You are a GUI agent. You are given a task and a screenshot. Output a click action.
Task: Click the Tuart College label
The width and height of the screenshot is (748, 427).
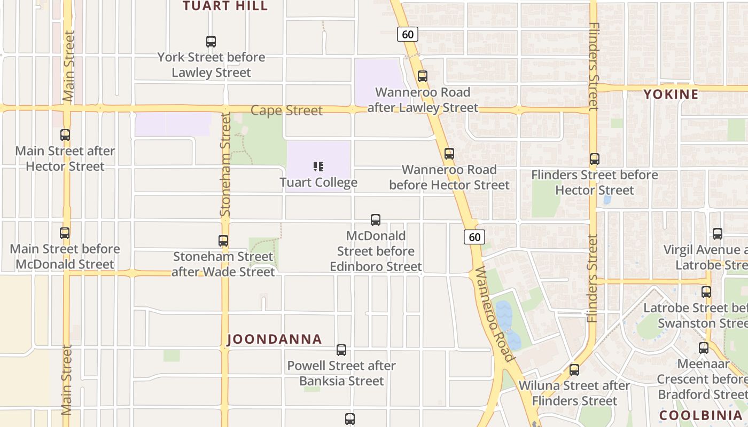click(318, 183)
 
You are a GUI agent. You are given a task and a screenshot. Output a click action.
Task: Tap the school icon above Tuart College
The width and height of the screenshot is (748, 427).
click(318, 167)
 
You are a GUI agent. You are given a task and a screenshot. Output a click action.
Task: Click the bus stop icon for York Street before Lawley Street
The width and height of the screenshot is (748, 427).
click(211, 42)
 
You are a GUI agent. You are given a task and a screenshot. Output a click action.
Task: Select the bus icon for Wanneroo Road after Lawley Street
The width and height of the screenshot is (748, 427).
click(423, 76)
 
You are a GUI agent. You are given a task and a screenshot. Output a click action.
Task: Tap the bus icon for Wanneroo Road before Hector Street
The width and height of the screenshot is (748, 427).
click(449, 154)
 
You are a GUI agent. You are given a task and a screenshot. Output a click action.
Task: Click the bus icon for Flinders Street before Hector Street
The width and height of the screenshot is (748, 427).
click(595, 159)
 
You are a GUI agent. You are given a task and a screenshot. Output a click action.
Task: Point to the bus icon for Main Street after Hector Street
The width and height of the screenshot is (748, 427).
click(65, 135)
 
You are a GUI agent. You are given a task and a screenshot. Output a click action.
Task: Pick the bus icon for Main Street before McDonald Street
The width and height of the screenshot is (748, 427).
click(65, 233)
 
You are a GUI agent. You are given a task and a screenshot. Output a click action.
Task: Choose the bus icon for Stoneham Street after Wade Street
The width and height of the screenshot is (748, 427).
click(223, 241)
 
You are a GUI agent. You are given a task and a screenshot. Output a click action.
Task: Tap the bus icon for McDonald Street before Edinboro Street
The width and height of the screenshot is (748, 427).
click(376, 220)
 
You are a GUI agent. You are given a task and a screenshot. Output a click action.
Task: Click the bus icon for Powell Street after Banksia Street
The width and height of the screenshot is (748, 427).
click(341, 350)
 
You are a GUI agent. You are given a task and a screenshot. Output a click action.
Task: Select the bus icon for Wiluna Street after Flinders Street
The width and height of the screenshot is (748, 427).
click(574, 369)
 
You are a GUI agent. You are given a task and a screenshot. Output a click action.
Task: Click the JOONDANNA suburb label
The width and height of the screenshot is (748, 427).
click(275, 339)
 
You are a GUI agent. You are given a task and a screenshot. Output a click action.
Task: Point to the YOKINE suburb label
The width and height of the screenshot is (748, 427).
click(671, 94)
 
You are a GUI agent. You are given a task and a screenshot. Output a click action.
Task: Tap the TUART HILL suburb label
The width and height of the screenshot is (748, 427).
click(225, 6)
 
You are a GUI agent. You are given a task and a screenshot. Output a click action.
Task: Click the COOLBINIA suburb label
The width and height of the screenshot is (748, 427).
click(700, 415)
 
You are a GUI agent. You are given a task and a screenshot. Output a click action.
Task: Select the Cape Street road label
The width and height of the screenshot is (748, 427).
click(286, 110)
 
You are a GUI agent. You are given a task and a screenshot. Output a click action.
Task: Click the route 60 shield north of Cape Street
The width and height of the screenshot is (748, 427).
click(407, 34)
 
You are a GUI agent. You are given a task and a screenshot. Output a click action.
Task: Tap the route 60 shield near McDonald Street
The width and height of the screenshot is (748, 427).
click(474, 236)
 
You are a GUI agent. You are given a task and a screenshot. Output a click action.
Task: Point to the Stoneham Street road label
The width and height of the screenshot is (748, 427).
click(225, 164)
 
